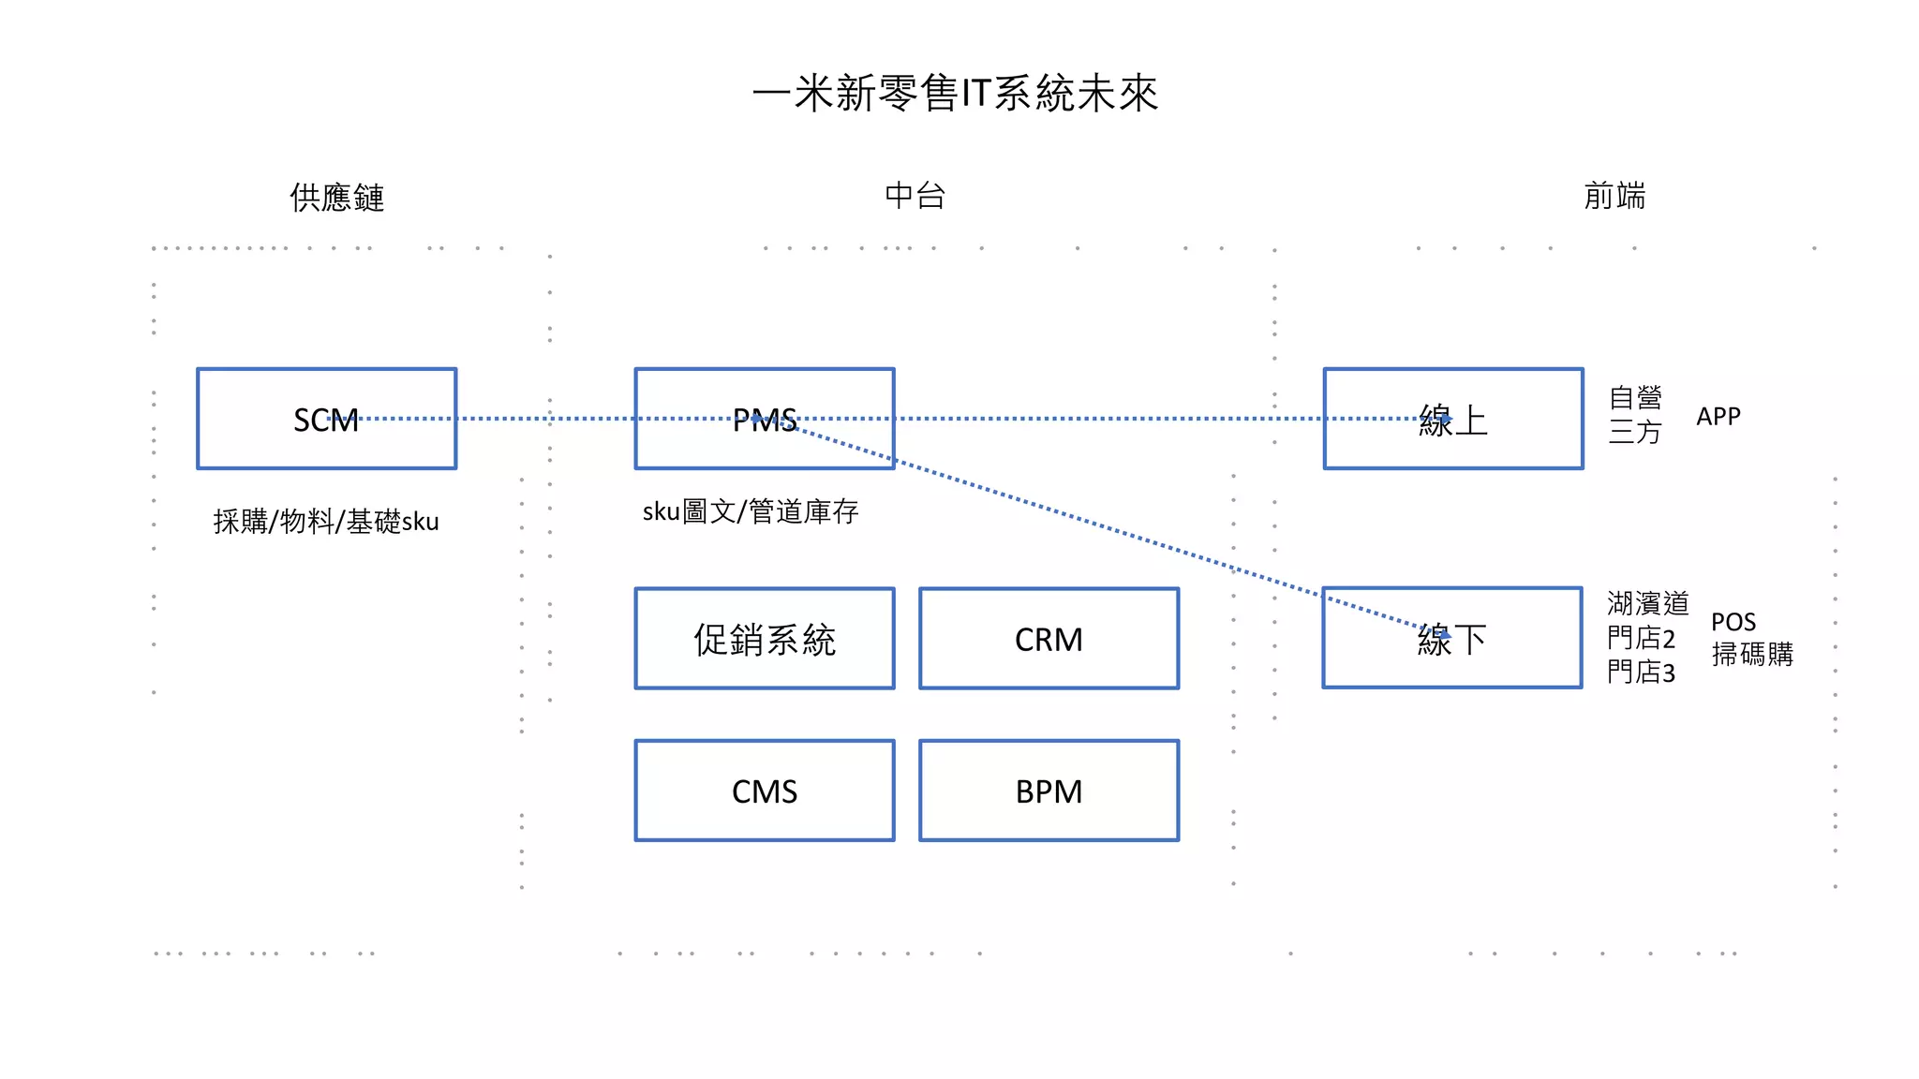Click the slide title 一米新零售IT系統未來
click(956, 94)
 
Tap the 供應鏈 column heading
click(336, 198)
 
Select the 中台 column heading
click(915, 196)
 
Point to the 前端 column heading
click(1614, 196)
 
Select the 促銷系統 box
click(765, 639)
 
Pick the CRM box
click(1049, 639)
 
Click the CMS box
click(765, 791)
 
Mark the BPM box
click(1049, 791)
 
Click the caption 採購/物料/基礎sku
click(325, 521)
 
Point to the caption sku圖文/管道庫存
click(750, 511)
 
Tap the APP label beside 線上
click(1718, 416)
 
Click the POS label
click(1733, 622)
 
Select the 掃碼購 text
click(1751, 654)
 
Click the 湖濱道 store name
click(1646, 603)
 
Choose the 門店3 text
click(1640, 672)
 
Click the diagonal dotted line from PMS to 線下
click(1106, 527)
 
